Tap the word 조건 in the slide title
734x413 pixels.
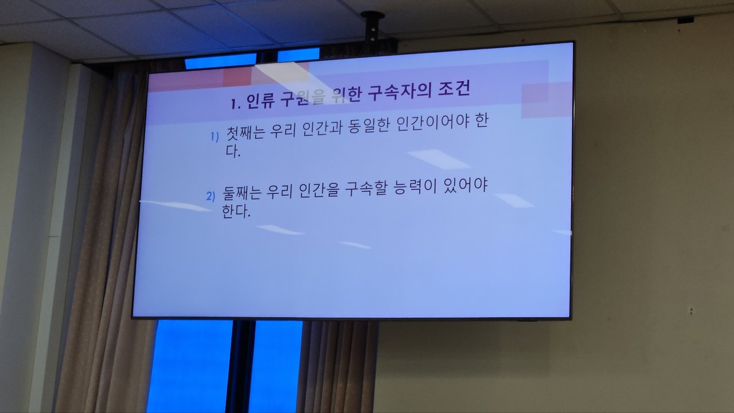454,89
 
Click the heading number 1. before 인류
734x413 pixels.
236,104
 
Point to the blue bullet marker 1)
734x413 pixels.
214,137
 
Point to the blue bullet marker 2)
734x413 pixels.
210,196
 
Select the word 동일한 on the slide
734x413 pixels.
368,126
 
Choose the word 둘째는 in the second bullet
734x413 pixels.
242,193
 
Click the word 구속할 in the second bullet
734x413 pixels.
366,190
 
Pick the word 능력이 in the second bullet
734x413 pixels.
415,188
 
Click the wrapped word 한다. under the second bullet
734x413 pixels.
236,212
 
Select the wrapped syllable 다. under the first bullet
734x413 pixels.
233,151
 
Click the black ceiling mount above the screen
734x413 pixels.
373,28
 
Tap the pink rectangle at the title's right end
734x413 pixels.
546,100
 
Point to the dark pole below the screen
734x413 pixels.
240,367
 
